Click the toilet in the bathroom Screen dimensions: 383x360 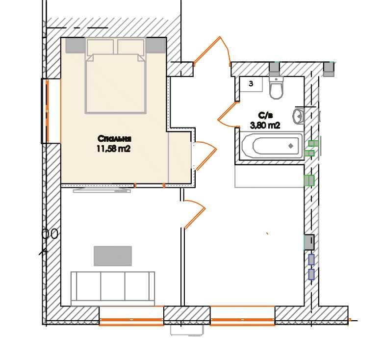tap(276, 87)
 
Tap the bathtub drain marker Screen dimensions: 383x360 tap(291, 146)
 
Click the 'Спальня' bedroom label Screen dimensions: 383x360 tap(114, 139)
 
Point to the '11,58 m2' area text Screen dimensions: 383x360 tap(114, 149)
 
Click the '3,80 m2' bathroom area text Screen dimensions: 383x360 tap(265, 126)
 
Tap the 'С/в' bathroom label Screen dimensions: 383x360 tap(265, 115)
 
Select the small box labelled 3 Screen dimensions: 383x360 tap(251, 84)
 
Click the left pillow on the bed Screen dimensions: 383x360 tap(100, 47)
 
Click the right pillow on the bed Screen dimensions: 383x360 tap(130, 47)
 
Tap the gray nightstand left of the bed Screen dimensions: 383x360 tap(76, 46)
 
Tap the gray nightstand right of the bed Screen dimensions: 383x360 tap(156, 46)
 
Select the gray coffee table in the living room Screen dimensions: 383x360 tap(113, 256)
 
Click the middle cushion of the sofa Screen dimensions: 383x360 tap(113, 286)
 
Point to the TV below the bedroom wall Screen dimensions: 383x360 tap(102, 190)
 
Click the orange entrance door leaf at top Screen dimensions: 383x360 tap(206, 51)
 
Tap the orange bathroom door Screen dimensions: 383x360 tap(228, 115)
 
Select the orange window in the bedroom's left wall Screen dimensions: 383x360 tap(48, 111)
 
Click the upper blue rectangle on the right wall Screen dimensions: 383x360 tap(311, 259)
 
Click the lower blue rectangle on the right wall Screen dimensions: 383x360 tap(311, 274)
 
